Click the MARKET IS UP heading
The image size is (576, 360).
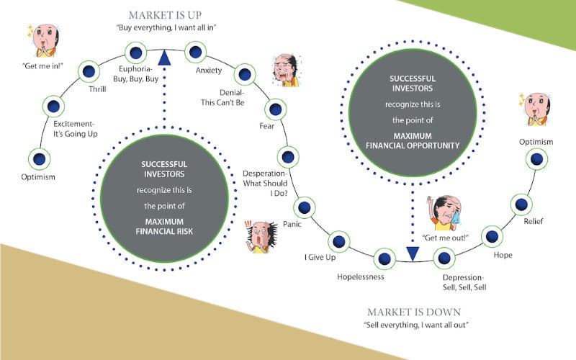point(165,15)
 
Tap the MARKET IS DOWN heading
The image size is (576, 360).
point(413,312)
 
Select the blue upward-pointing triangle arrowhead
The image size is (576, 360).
point(164,57)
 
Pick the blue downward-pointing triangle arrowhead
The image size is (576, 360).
point(413,253)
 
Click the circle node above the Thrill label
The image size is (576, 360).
point(89,71)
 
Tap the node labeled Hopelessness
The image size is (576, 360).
point(385,258)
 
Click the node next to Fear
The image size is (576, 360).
point(275,110)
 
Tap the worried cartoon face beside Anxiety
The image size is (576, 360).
point(286,70)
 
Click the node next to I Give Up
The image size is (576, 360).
point(340,243)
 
